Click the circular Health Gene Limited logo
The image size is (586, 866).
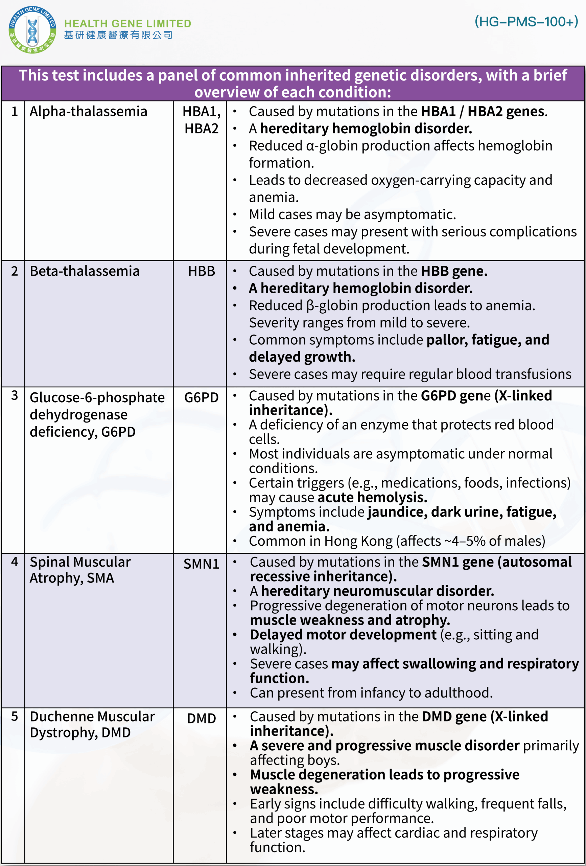pos(32,30)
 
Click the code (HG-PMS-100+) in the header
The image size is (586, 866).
pos(526,22)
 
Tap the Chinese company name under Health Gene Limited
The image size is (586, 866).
pos(118,35)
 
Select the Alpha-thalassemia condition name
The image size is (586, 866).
pos(88,111)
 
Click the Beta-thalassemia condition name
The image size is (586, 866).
pos(85,271)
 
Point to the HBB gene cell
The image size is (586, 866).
pos(201,271)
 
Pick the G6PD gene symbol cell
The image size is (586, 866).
pos(201,397)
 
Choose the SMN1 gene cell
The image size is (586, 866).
pos(201,564)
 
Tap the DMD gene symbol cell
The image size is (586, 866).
pos(201,718)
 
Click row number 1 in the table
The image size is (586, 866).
pos(15,111)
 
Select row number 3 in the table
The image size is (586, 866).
pos(15,395)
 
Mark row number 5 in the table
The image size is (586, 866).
pos(15,716)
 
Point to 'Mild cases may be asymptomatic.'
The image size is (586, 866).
pos(352,214)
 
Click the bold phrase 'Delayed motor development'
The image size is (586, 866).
pos(343,634)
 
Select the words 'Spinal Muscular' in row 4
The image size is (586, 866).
pos(80,562)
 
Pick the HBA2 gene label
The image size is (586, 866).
pos(201,129)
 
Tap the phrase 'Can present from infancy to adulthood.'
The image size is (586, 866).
pos(371,692)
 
